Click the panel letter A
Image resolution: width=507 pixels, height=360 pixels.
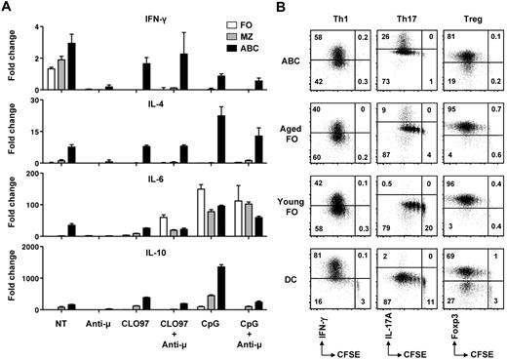pos(7,8)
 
